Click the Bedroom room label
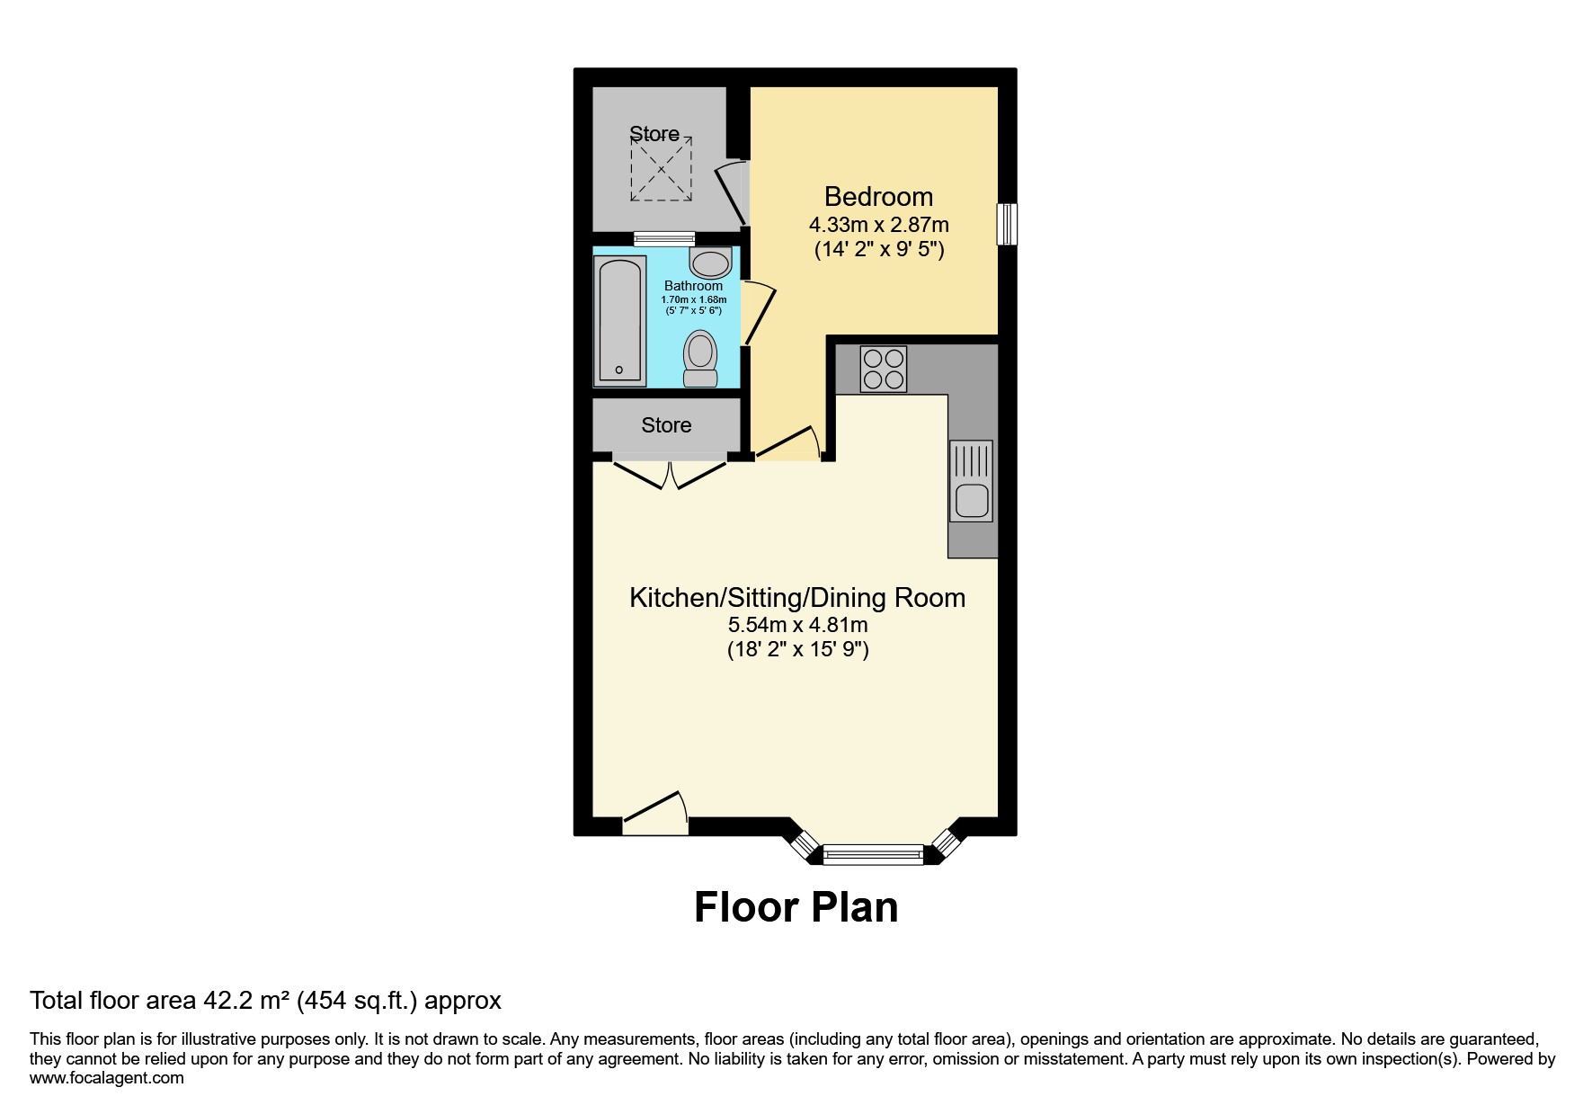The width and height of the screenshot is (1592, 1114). point(878,196)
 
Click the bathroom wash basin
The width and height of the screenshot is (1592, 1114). point(710,263)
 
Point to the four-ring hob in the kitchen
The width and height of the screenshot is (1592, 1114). point(884,369)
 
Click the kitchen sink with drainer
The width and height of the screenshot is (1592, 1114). point(971,481)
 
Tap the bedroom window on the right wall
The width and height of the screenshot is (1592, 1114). point(1007,224)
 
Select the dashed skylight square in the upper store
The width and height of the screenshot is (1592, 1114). point(662,169)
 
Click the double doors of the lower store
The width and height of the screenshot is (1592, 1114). point(671,473)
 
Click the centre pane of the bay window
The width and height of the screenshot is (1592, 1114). point(873,854)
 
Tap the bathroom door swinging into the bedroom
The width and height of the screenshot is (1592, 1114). point(758,314)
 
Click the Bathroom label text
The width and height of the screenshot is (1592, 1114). point(693,286)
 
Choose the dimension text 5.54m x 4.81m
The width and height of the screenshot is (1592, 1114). point(797,624)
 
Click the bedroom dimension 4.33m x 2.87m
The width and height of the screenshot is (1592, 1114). point(878,224)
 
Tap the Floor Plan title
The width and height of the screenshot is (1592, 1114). point(796,907)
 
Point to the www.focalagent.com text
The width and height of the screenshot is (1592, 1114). point(106,1078)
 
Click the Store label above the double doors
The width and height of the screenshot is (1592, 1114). point(666,425)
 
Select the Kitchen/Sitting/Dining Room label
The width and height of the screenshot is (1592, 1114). point(797,598)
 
